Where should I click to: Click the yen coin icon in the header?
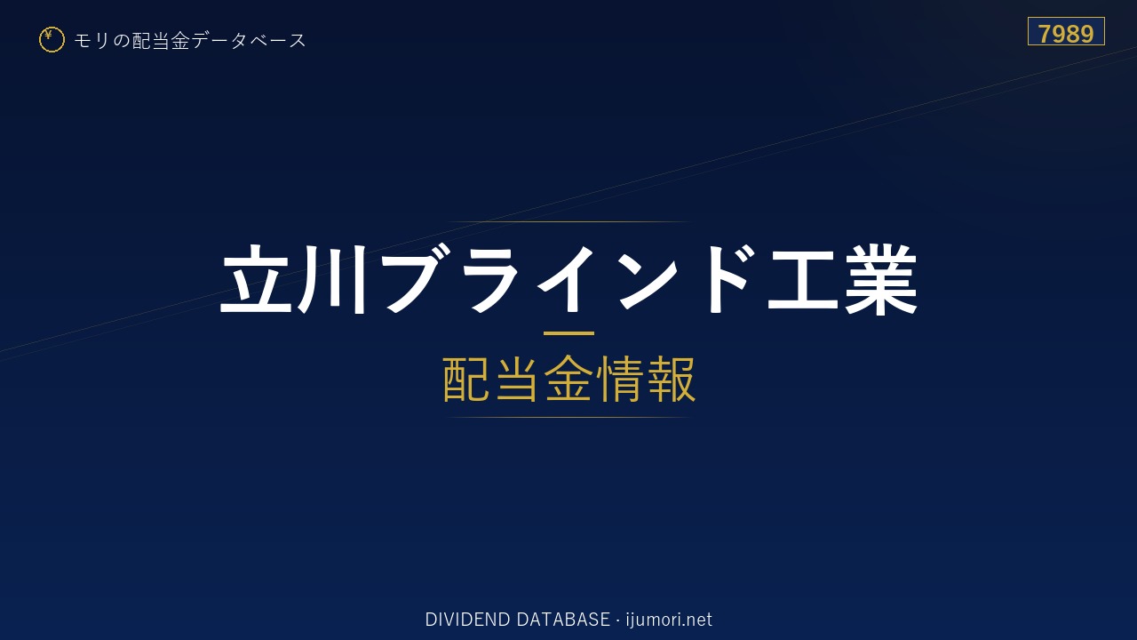[x=52, y=40]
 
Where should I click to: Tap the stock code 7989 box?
[x=1066, y=31]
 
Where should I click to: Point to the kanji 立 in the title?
[x=257, y=279]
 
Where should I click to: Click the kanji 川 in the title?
[x=333, y=279]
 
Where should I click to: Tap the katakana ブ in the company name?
[x=416, y=278]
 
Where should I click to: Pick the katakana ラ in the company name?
[x=489, y=279]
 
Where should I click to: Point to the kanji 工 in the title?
[x=803, y=281]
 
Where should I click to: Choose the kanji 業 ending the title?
[x=880, y=279]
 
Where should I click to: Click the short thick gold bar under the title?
[x=568, y=333]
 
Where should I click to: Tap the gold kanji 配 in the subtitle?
[x=466, y=379]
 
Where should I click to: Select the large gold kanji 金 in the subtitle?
[x=568, y=379]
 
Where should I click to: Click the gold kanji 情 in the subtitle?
[x=619, y=379]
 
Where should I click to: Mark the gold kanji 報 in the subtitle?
[x=671, y=379]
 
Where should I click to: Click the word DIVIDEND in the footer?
[x=467, y=620]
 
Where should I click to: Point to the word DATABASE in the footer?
[x=563, y=620]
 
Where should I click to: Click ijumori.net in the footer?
[x=669, y=620]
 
